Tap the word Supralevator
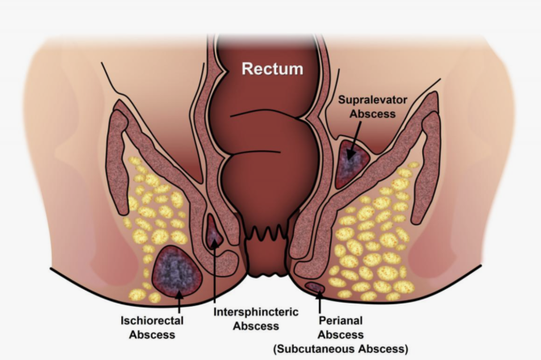coord(372,102)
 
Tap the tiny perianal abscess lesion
coord(315,287)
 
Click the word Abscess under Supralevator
coord(372,115)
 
